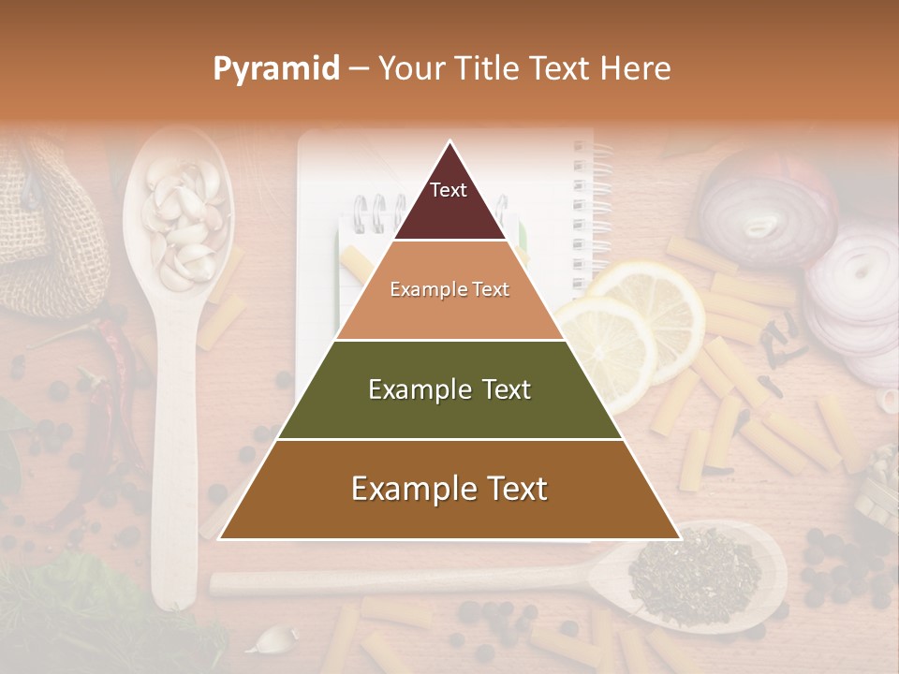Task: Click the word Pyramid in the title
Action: coord(275,69)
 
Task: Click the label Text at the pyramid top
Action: coord(449,190)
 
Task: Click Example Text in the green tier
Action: coord(449,389)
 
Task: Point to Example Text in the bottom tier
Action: coord(449,489)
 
